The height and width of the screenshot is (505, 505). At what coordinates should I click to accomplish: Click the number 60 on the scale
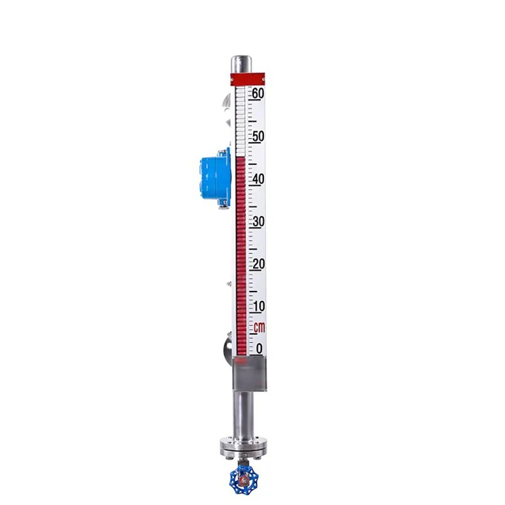click(x=258, y=93)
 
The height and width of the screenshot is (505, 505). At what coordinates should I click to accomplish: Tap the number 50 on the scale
click(x=258, y=136)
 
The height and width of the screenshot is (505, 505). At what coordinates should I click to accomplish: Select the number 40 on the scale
click(x=258, y=179)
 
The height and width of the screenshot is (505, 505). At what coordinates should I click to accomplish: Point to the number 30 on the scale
click(x=258, y=221)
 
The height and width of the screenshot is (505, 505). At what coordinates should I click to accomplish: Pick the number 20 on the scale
click(x=258, y=264)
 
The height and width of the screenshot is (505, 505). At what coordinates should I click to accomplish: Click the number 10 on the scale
click(x=258, y=306)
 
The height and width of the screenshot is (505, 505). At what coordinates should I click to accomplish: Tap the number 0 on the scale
click(x=259, y=348)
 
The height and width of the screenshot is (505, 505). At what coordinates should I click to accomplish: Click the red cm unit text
click(x=259, y=327)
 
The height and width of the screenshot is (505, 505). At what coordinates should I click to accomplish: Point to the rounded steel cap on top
click(x=240, y=64)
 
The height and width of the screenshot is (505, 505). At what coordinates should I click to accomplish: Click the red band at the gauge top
click(x=249, y=79)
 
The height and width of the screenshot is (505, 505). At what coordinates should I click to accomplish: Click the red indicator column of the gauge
click(x=241, y=256)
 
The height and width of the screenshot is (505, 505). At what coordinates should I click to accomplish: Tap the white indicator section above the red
click(x=240, y=121)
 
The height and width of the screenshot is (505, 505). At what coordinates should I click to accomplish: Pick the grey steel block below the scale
click(x=248, y=374)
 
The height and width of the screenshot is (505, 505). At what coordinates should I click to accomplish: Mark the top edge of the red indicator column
click(x=241, y=157)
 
